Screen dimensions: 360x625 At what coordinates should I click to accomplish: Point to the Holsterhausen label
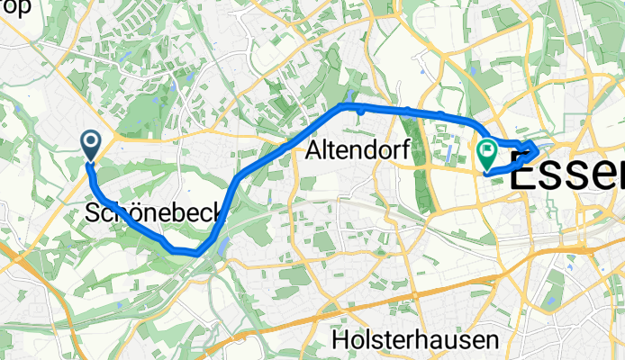414,340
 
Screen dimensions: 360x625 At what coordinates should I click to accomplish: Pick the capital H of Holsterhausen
339,340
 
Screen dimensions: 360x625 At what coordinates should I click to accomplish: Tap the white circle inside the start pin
91,140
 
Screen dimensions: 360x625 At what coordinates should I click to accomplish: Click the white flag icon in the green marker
489,149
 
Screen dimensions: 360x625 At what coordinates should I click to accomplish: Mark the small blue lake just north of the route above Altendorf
349,95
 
